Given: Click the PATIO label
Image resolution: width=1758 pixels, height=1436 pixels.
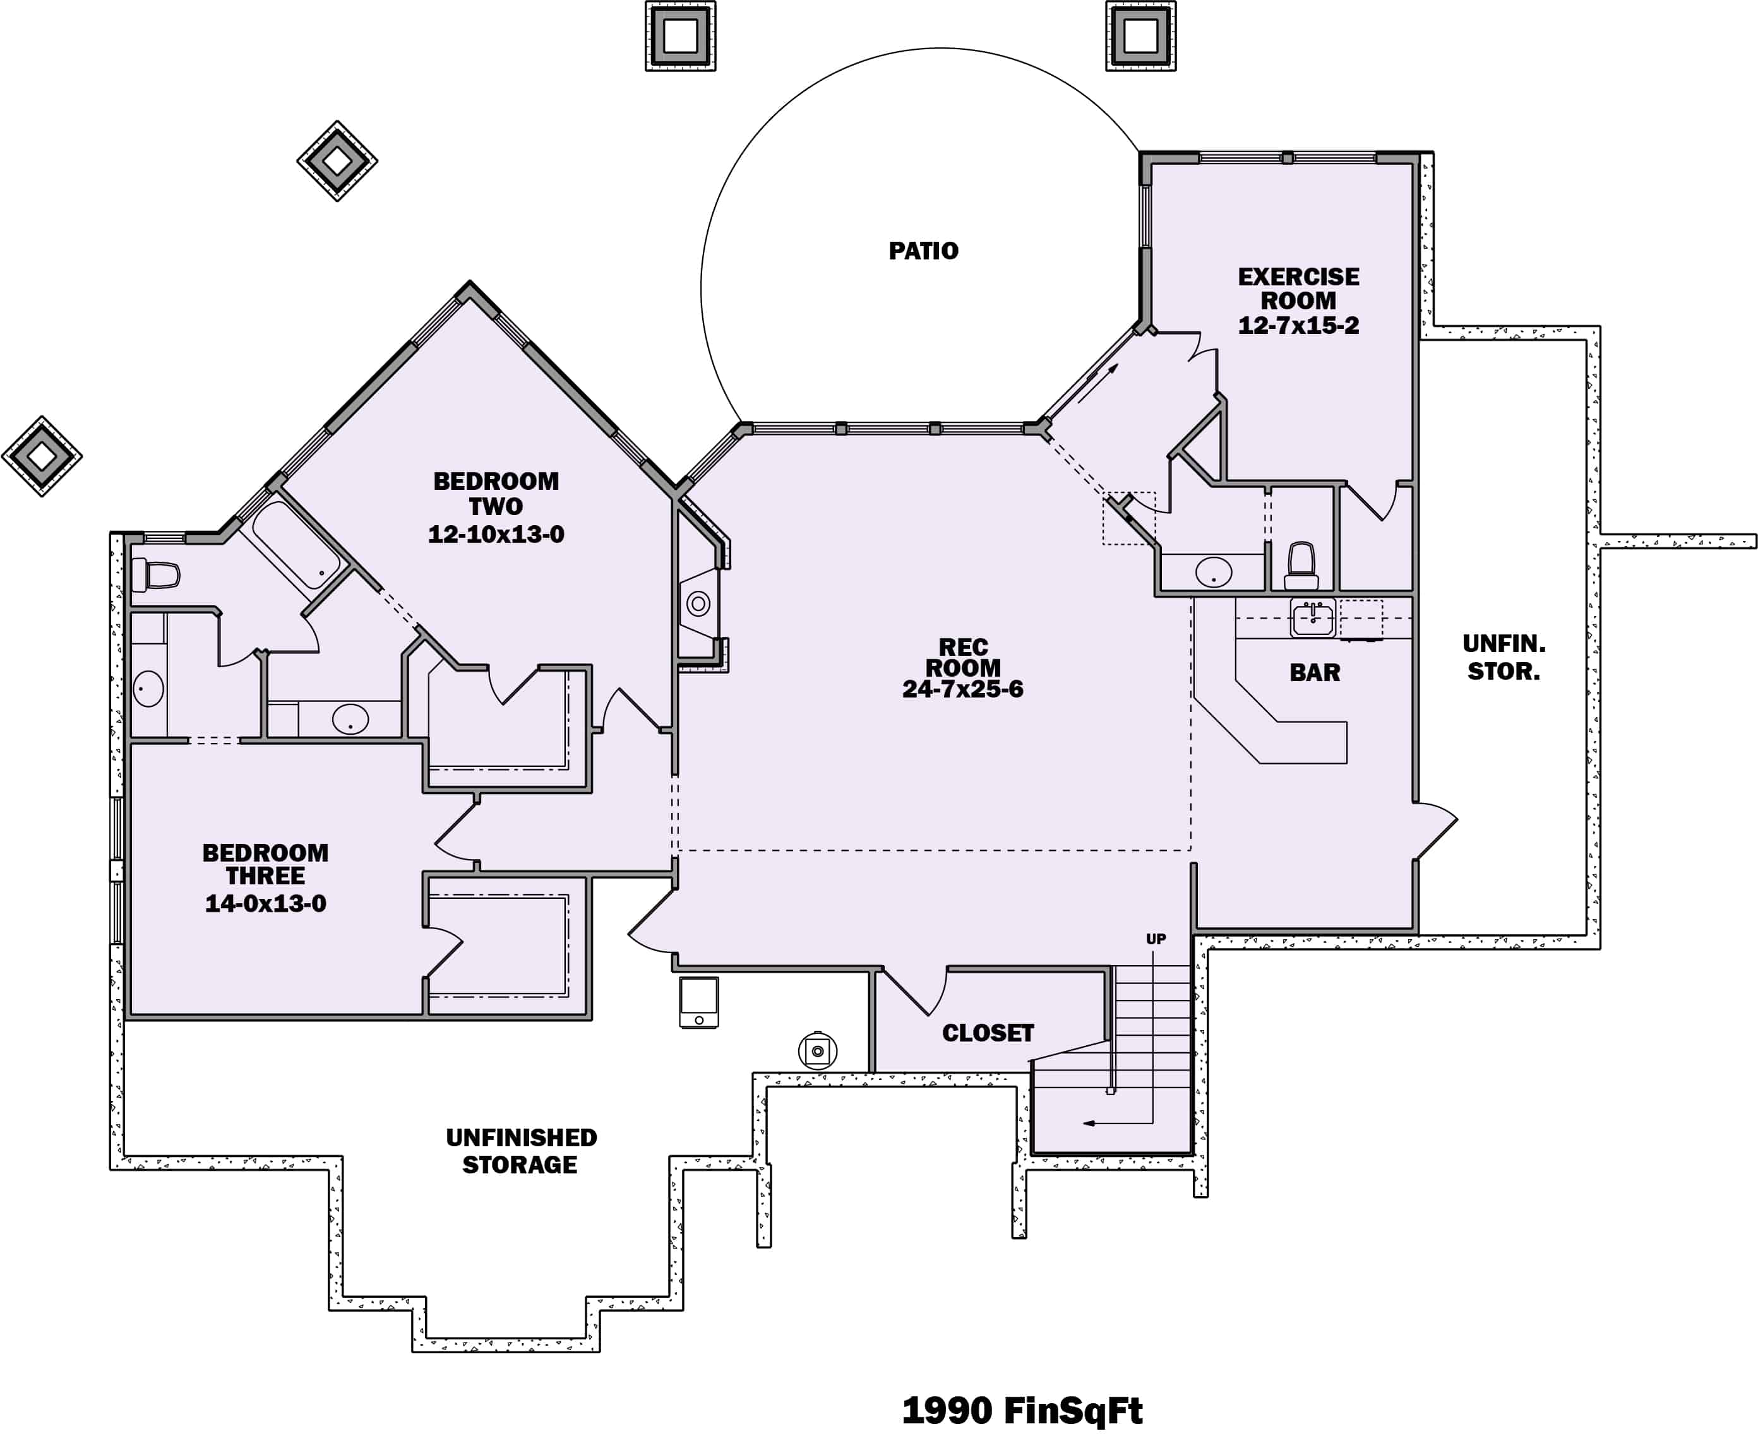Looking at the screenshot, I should (x=923, y=251).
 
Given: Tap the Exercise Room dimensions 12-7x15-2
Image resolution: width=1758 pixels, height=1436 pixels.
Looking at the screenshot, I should (x=1298, y=326).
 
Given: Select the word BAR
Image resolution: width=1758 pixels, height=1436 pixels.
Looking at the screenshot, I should (x=1315, y=672).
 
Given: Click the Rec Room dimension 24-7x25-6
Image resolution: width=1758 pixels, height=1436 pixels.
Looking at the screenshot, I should (x=962, y=689).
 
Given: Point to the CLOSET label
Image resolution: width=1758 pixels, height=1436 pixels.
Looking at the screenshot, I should (x=988, y=1033).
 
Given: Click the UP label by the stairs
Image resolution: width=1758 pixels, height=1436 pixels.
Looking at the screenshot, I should (x=1156, y=939).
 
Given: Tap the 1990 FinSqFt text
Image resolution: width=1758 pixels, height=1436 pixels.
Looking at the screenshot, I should (x=1022, y=1410).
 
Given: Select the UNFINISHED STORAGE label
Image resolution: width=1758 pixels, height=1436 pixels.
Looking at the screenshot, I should (x=520, y=1151).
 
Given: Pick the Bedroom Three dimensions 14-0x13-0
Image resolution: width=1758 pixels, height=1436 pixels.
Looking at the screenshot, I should (x=266, y=903).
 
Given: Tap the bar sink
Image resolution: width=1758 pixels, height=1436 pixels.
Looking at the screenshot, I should (x=1313, y=618).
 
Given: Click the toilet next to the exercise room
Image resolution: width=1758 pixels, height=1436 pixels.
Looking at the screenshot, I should (x=1301, y=565).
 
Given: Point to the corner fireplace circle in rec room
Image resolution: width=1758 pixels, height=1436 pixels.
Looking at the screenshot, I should (x=698, y=604).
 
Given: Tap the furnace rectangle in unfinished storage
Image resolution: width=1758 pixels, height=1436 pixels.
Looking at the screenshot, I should (x=699, y=1002).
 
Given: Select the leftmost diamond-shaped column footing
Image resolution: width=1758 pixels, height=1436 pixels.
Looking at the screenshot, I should (x=42, y=456).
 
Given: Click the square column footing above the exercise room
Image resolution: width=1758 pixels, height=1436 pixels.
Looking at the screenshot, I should (x=1141, y=35).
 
